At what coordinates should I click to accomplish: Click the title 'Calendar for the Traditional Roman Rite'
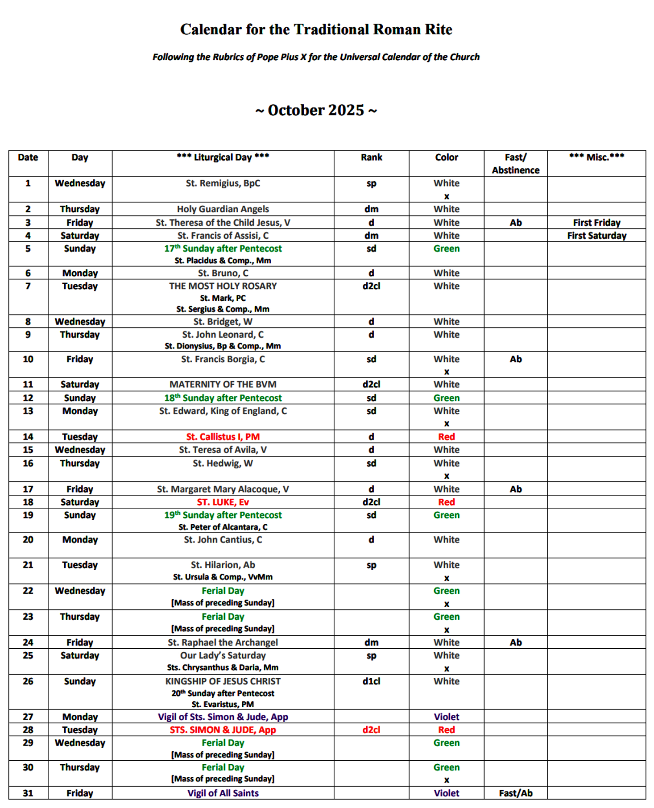pos(316,29)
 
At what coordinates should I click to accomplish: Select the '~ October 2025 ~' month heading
pos(316,110)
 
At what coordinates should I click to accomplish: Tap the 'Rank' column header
pos(371,157)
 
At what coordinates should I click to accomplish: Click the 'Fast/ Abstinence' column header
pos(515,164)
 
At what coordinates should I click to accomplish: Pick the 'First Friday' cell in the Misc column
pos(596,223)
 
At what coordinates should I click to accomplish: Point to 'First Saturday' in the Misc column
pos(596,236)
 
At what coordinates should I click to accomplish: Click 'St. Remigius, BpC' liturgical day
pos(223,183)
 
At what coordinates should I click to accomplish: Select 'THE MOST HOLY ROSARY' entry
pos(223,286)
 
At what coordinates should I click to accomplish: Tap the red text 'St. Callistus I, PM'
pos(223,437)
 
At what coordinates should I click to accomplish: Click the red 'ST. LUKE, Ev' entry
pos(223,502)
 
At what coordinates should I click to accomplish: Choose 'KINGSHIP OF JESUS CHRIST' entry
pos(223,681)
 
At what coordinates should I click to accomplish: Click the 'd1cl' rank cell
pos(371,681)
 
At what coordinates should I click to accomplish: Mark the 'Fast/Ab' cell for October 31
pos(515,793)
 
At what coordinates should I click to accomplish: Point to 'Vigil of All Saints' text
pos(223,793)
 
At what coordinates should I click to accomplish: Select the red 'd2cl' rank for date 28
pos(371,730)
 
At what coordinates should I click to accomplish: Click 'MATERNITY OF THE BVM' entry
pos(223,384)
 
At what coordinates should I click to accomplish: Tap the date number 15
pos(28,450)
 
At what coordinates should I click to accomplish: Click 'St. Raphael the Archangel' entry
pos(223,642)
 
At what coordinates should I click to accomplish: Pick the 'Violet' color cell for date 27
pos(446,717)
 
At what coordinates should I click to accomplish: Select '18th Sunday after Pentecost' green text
pos(223,398)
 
